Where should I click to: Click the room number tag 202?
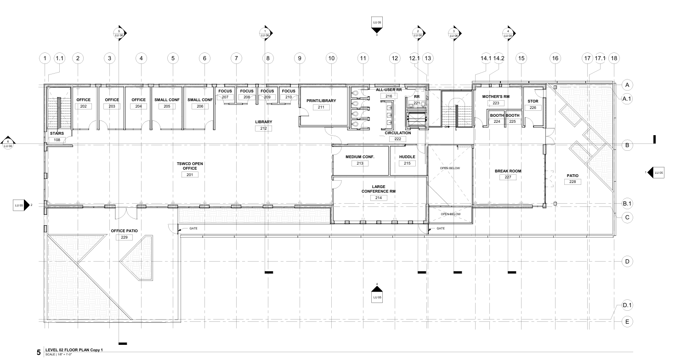click(x=84, y=106)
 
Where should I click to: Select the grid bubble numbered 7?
click(x=236, y=58)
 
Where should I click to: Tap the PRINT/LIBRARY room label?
click(x=321, y=101)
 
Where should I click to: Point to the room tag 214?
click(x=379, y=198)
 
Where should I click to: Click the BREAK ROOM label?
click(x=508, y=171)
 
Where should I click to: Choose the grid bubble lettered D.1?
click(x=627, y=305)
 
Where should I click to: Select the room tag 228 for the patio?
click(x=572, y=182)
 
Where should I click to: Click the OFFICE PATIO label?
click(x=124, y=231)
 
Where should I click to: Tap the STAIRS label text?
click(x=57, y=133)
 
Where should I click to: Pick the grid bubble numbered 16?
click(x=556, y=58)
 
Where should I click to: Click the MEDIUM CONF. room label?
click(x=360, y=157)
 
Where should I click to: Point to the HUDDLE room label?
click(x=407, y=157)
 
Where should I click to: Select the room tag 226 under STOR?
click(x=533, y=108)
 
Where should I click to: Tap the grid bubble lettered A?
click(x=627, y=85)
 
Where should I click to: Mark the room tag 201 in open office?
click(x=190, y=175)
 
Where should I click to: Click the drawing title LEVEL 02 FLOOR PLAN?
click(x=74, y=350)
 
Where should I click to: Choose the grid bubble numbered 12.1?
click(x=414, y=58)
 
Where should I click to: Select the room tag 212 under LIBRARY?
click(x=263, y=128)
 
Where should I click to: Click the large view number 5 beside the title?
click(x=39, y=353)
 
